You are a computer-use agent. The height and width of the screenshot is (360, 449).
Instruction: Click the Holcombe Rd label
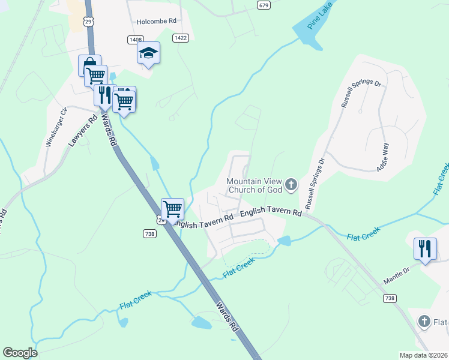point(156,20)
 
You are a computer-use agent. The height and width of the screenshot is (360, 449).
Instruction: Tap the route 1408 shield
point(135,39)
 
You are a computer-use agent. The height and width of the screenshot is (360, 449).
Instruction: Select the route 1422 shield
point(179,38)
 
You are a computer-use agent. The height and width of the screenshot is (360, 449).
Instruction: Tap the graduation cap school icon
point(148,53)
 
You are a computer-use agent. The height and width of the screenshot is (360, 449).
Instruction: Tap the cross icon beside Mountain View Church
point(291,184)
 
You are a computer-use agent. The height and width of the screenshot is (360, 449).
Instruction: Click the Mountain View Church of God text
point(253,186)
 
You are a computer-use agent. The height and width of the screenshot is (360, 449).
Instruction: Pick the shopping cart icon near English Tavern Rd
point(172,209)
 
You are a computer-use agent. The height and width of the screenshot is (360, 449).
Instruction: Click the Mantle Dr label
point(397,276)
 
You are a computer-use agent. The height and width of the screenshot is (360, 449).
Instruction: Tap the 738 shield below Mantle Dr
point(391,298)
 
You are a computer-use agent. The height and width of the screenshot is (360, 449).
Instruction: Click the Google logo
point(20,353)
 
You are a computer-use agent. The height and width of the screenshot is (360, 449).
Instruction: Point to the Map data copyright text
point(423,355)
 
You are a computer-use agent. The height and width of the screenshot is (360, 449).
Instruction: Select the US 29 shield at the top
point(88,22)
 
